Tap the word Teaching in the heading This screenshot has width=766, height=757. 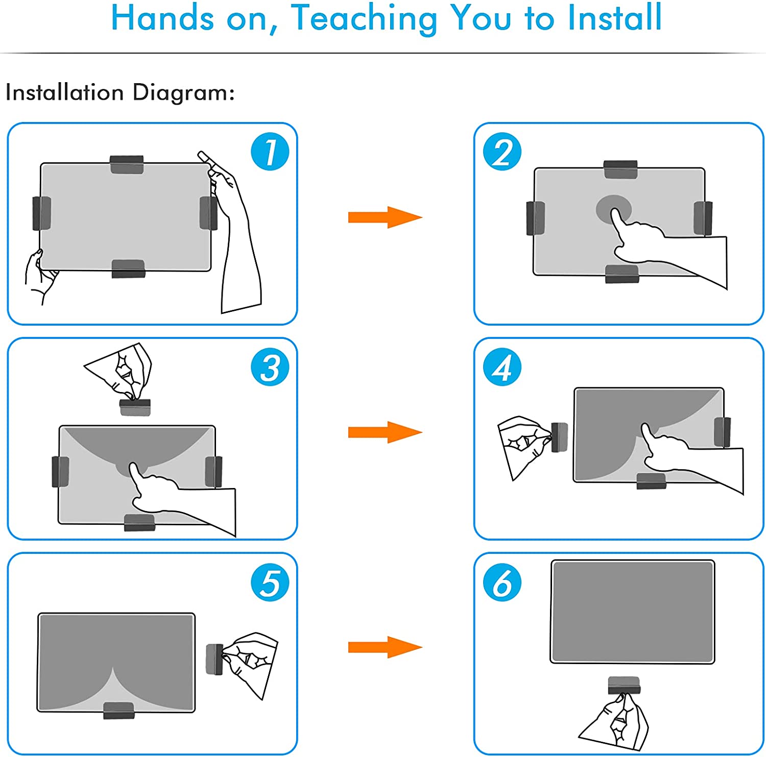click(x=364, y=19)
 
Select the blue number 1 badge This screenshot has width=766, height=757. click(x=270, y=152)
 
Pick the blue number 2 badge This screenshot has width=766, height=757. click(x=502, y=152)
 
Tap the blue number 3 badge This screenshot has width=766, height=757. click(x=270, y=367)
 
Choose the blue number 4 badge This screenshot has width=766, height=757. click(x=502, y=367)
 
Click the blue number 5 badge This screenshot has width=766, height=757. click(x=270, y=582)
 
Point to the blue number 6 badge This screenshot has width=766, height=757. click(x=502, y=582)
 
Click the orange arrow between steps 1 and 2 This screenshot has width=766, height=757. click(x=385, y=217)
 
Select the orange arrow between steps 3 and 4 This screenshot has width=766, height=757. click(x=385, y=432)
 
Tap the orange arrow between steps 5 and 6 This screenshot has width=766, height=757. click(x=385, y=647)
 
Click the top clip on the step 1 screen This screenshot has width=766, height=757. click(x=127, y=164)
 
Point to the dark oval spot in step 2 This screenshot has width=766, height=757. click(x=614, y=208)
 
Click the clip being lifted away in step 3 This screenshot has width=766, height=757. click(x=135, y=407)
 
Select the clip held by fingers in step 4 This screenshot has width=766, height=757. click(x=560, y=437)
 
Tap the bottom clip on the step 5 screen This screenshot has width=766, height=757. click(x=119, y=711)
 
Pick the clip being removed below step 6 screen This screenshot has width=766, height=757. click(x=624, y=686)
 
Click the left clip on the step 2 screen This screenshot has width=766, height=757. click(x=535, y=218)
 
